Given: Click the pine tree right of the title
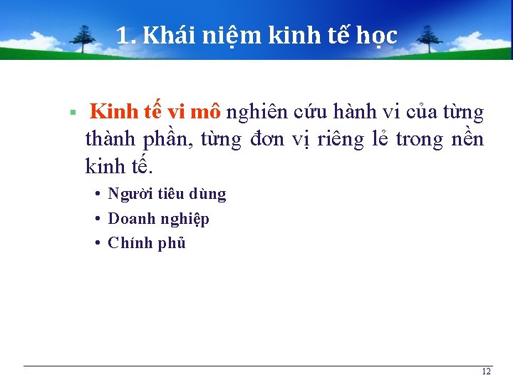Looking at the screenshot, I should point(429,39).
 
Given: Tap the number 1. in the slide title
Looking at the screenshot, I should point(126,35).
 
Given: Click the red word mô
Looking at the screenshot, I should point(206,112).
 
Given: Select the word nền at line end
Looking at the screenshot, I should point(467,139).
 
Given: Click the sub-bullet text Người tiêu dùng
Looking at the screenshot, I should point(167,194).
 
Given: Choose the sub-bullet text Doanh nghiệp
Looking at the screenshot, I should point(158,218).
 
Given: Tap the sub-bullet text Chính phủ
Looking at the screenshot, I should point(147,242).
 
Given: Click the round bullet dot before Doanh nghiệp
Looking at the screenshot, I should point(97,219).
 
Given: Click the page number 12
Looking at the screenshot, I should point(486,372).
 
